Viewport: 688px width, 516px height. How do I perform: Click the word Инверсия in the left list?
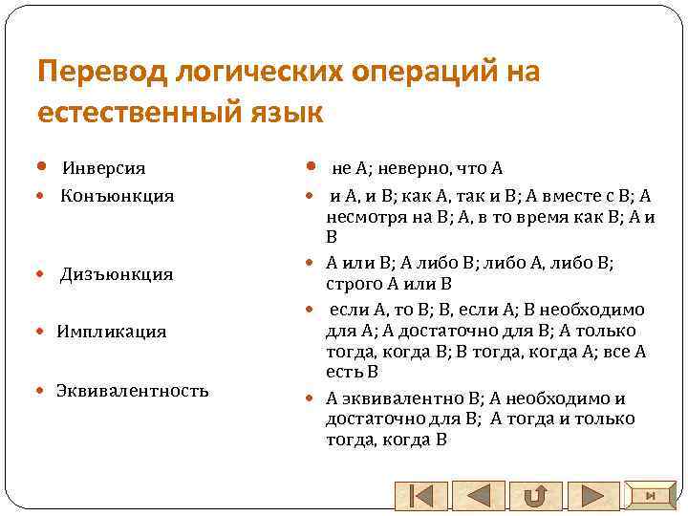(104, 168)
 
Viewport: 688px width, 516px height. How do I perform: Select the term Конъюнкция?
(118, 196)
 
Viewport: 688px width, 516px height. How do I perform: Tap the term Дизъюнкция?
(117, 274)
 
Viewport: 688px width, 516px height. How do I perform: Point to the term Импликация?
(111, 332)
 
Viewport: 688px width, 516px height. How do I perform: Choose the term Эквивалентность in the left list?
(132, 390)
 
